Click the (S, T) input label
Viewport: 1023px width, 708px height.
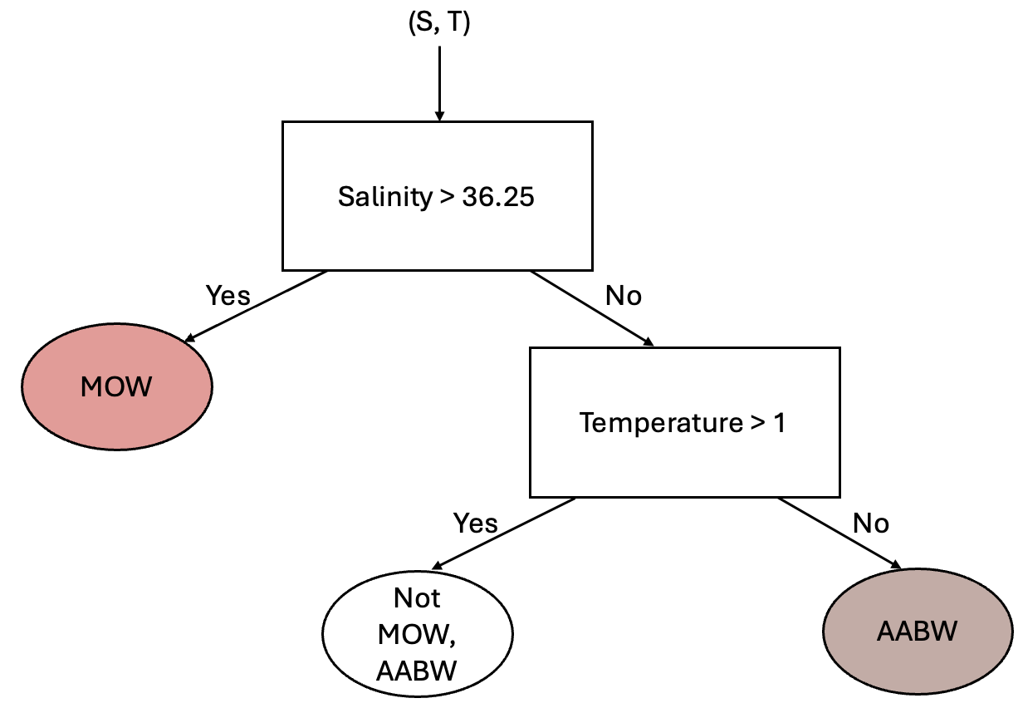pyautogui.click(x=438, y=24)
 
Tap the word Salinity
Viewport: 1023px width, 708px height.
pyautogui.click(x=384, y=197)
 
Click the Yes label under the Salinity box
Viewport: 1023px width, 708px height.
pyautogui.click(x=228, y=296)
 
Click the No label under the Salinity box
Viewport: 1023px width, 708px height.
pyautogui.click(x=624, y=296)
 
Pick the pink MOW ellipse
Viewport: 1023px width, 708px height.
pyautogui.click(x=117, y=386)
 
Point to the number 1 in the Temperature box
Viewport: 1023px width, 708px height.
pyautogui.click(x=779, y=423)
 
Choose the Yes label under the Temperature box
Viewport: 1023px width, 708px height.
pyautogui.click(x=475, y=523)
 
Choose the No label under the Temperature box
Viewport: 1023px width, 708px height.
pyautogui.click(x=870, y=523)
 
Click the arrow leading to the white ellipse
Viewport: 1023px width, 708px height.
pyautogui.click(x=504, y=533)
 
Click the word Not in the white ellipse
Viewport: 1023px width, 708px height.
pyautogui.click(x=417, y=598)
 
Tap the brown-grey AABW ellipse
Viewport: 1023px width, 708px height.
pyautogui.click(x=918, y=632)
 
